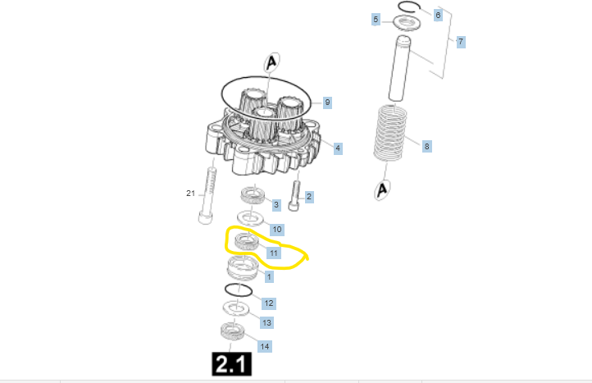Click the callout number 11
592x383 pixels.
tap(274, 253)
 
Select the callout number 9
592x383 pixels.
tap(327, 103)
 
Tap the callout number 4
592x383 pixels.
tap(338, 148)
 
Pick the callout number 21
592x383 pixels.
tap(191, 194)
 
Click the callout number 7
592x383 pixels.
tap(461, 42)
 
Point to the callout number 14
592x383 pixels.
tap(265, 346)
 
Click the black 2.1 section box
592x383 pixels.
tap(232, 364)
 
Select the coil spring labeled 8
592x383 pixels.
tap(390, 133)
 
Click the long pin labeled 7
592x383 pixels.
tap(400, 68)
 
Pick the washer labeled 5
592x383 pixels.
tap(408, 23)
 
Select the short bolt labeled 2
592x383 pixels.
tap(295, 196)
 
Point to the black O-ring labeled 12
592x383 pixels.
tap(239, 290)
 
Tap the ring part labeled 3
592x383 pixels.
tap(253, 195)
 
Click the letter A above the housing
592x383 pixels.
tap(272, 62)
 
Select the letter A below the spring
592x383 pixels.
tap(382, 189)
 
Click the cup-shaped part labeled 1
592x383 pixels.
tap(244, 268)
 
